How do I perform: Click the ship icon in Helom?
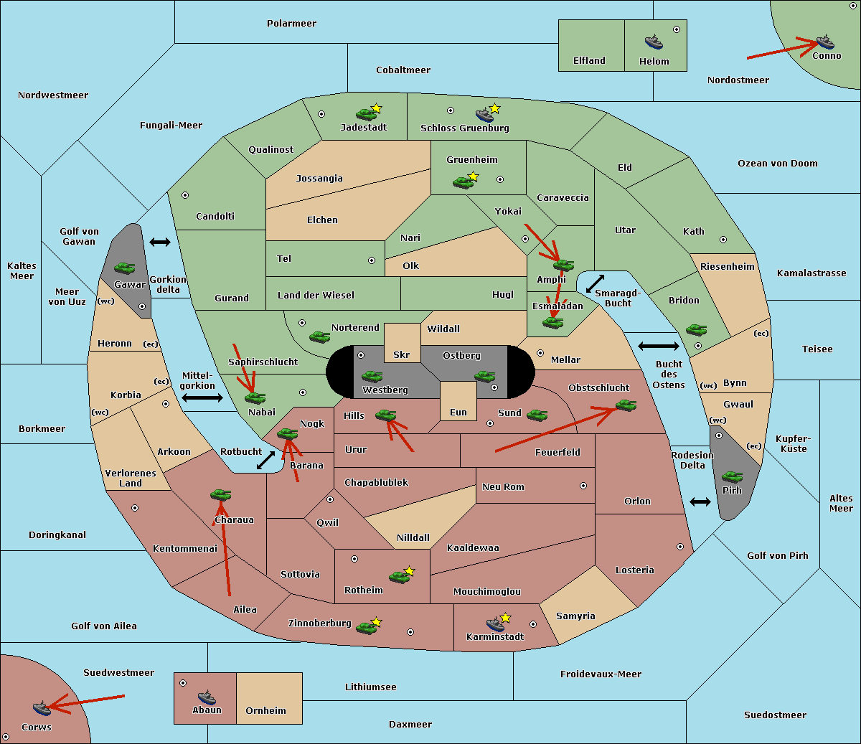pos(654,42)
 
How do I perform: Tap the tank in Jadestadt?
pos(366,114)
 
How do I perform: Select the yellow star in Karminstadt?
pos(505,617)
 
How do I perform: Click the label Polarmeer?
pos(291,24)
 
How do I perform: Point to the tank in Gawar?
pos(125,268)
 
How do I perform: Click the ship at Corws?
pos(42,707)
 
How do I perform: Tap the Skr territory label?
pos(401,354)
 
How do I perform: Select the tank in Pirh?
pos(732,476)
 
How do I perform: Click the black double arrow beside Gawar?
pos(160,242)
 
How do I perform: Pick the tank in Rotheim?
pos(399,577)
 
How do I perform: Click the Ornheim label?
pos(265,710)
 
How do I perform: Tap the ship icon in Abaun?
pos(207,697)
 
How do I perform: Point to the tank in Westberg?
pos(372,376)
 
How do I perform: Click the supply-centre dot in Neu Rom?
pos(583,486)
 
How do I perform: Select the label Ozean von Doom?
pos(777,164)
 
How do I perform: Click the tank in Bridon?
pos(696,330)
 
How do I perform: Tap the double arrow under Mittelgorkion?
pos(202,397)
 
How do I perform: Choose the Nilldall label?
pos(413,537)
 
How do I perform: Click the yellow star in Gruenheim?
pos(473,176)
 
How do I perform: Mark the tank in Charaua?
pos(220,494)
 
